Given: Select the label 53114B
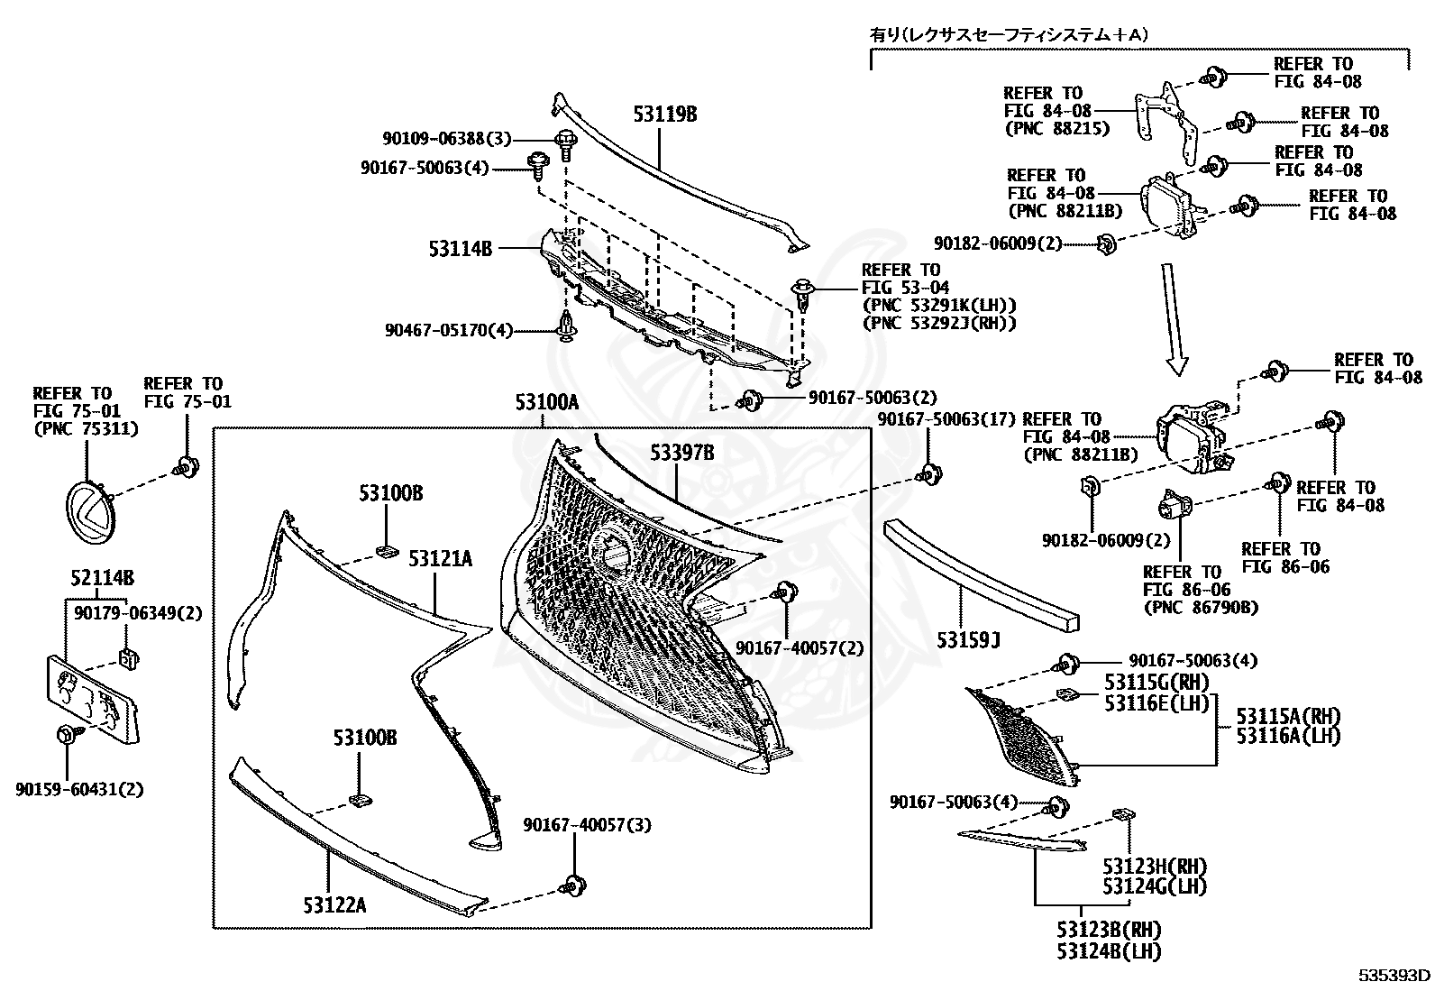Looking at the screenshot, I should (460, 247).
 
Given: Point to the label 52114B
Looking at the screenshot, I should (102, 577).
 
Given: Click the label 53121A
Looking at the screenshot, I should (440, 558).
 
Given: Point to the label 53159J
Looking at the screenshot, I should (969, 639).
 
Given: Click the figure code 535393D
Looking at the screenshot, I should (1394, 974).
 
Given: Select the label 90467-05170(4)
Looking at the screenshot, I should (447, 331).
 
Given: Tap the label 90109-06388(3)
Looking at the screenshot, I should (446, 139).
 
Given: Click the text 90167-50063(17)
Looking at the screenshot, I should (946, 418).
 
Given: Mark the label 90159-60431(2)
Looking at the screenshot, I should (79, 789).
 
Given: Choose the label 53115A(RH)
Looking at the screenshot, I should (1288, 716).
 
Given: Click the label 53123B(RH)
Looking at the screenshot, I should (1109, 930).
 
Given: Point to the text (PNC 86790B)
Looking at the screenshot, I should (1200, 607).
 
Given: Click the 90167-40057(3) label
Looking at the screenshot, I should (587, 824).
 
